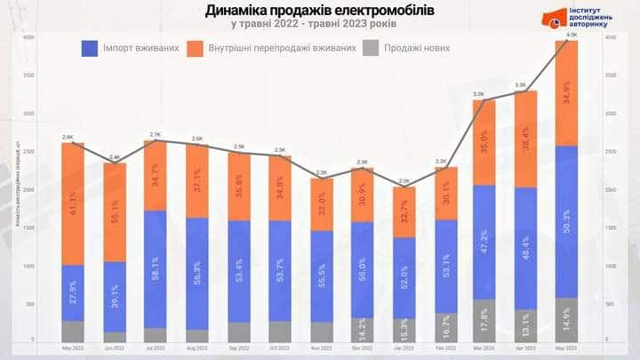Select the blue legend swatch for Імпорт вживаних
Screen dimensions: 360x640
click(89, 48)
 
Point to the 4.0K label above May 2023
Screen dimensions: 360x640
click(572, 34)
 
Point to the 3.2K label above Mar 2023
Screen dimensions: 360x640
click(478, 93)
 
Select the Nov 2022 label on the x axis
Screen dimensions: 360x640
click(321, 349)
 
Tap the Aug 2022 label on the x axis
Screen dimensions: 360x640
click(196, 349)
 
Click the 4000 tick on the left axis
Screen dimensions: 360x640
click(28, 37)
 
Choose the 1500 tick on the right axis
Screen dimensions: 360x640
click(609, 228)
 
